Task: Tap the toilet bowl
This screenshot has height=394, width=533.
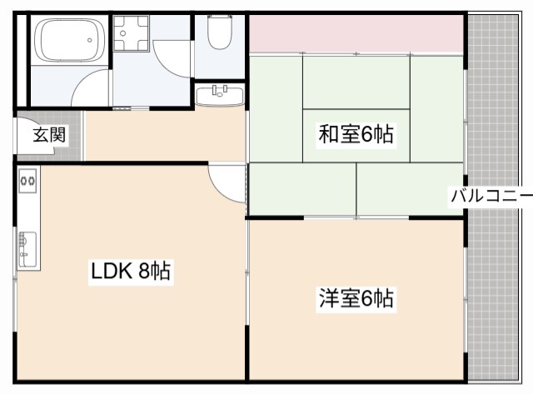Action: (220, 33)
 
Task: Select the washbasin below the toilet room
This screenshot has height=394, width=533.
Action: (220, 94)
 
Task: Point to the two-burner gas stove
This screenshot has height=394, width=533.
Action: (27, 179)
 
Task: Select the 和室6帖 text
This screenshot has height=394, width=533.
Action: (356, 133)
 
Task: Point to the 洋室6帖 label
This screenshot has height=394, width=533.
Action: (356, 297)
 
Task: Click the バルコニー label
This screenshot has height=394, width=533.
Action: (491, 197)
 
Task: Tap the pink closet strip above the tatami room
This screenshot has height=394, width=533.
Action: (356, 34)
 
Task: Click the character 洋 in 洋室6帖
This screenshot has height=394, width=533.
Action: (327, 297)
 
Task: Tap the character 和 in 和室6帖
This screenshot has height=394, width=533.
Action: (327, 133)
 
